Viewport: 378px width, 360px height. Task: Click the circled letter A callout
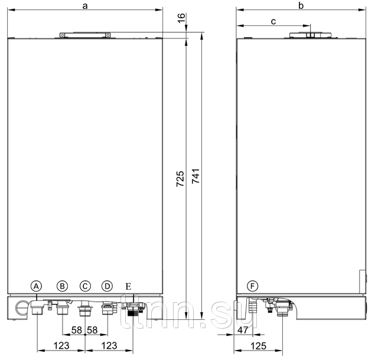pyautogui.click(x=36, y=286)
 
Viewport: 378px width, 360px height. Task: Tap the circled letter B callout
pyautogui.click(x=62, y=286)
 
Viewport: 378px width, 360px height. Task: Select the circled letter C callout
pyautogui.click(x=85, y=286)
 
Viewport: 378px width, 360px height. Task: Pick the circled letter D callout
pyautogui.click(x=107, y=286)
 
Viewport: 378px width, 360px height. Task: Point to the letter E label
pyautogui.click(x=128, y=286)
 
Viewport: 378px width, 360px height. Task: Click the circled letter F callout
pyautogui.click(x=253, y=286)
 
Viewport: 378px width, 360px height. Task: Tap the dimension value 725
pyautogui.click(x=180, y=179)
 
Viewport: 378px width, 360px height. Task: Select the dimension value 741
pyautogui.click(x=195, y=176)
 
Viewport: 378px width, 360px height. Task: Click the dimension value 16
pyautogui.click(x=181, y=18)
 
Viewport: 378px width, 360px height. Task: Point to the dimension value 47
pyautogui.click(x=243, y=330)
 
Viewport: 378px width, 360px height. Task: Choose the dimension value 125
pyautogui.click(x=259, y=346)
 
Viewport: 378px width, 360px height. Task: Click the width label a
pyautogui.click(x=85, y=6)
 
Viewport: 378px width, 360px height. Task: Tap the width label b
pyautogui.click(x=301, y=5)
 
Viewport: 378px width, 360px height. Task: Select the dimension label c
pyautogui.click(x=273, y=21)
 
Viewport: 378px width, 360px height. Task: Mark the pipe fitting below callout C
pyautogui.click(x=85, y=309)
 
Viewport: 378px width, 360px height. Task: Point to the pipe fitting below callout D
pyautogui.click(x=107, y=308)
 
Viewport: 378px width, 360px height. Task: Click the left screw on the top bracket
pyautogui.click(x=63, y=35)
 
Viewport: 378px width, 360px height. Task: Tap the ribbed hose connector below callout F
pyautogui.click(x=253, y=306)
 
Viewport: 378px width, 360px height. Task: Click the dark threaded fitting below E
pyautogui.click(x=133, y=313)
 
